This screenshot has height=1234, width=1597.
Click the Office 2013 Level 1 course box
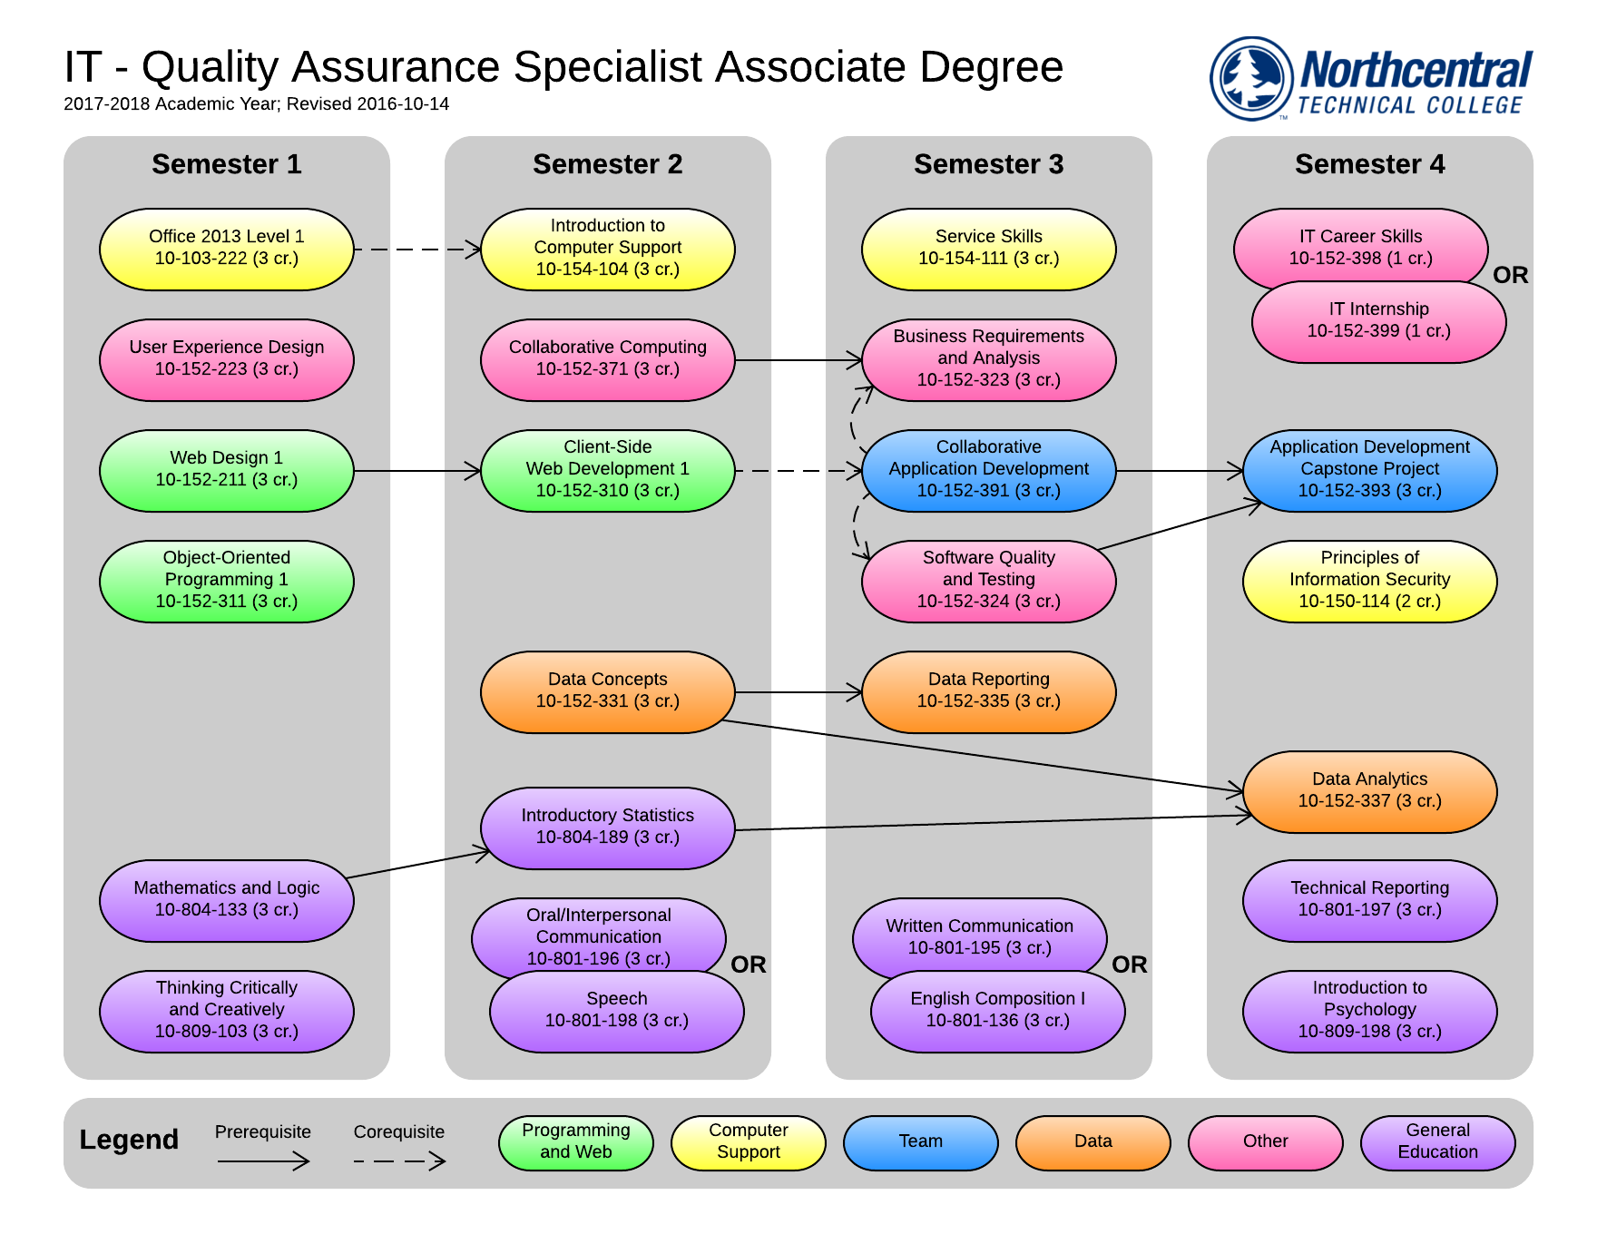coord(226,249)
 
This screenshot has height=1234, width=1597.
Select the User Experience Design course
coord(226,359)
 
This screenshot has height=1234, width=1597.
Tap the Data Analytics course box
coord(1369,791)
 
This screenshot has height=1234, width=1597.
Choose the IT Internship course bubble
coord(1378,323)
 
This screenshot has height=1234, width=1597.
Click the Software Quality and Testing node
coord(988,581)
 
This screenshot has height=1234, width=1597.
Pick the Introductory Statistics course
coord(607,828)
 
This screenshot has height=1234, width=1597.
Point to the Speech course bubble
coord(616,1011)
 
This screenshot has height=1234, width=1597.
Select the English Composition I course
coord(997,1011)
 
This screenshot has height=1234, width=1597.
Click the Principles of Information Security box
coord(1369,581)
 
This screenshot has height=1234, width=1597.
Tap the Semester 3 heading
coord(988,164)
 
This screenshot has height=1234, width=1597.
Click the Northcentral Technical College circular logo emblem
coord(1251,78)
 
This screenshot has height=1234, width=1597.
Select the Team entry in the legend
coord(920,1141)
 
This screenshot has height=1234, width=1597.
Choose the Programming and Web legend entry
coord(575,1141)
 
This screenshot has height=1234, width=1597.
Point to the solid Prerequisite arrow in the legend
coord(263,1161)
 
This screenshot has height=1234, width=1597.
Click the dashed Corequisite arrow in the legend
coord(399,1161)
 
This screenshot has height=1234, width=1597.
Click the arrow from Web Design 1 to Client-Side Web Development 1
coord(416,471)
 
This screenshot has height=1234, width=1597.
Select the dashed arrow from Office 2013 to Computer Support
coord(416,249)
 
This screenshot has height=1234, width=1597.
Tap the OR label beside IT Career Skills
coord(1511,275)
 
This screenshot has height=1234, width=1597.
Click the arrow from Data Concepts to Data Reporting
coord(798,692)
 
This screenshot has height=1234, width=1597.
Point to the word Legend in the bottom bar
coord(129,1140)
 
